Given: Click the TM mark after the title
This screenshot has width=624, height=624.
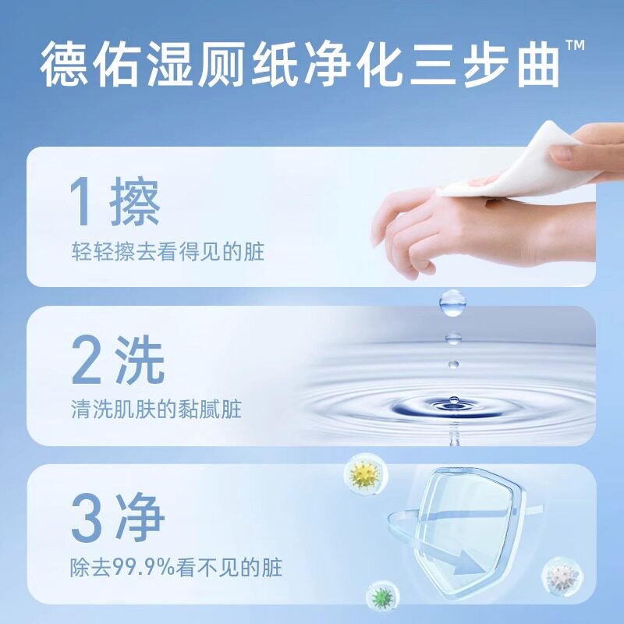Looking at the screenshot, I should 575,48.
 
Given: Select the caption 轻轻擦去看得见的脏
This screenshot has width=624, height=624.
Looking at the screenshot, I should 168,252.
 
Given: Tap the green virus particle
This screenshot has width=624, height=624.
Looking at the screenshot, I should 381,596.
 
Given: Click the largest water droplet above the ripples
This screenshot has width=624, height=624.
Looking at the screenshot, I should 452,301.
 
